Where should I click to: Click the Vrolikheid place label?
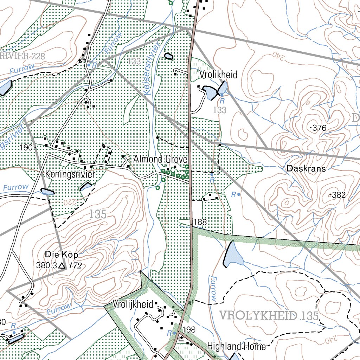(218, 75)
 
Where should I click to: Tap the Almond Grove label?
(160, 159)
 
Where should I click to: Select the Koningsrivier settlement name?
(70, 174)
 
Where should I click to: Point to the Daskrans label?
(306, 168)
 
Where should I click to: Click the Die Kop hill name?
(62, 254)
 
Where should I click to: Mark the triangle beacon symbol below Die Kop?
(62, 266)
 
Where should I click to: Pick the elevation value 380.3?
(46, 265)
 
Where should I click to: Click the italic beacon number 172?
(75, 266)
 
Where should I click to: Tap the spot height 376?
(319, 128)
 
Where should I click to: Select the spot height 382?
(339, 195)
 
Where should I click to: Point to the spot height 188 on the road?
(200, 222)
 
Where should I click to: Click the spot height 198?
(189, 329)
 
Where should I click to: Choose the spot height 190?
(26, 147)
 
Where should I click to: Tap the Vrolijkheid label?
(133, 304)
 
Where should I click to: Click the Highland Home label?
(236, 346)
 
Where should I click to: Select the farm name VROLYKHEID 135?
(269, 315)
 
